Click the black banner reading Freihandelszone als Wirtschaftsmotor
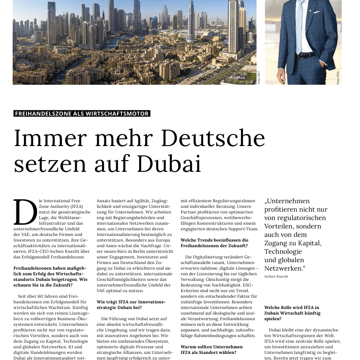pyautogui.click(x=82, y=113)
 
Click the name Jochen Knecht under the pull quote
pyautogui.click(x=276, y=277)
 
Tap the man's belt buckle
pyautogui.click(x=302, y=55)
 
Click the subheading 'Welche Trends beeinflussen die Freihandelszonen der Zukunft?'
pyautogui.click(x=214, y=242)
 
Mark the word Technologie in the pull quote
pyautogui.click(x=286, y=252)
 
